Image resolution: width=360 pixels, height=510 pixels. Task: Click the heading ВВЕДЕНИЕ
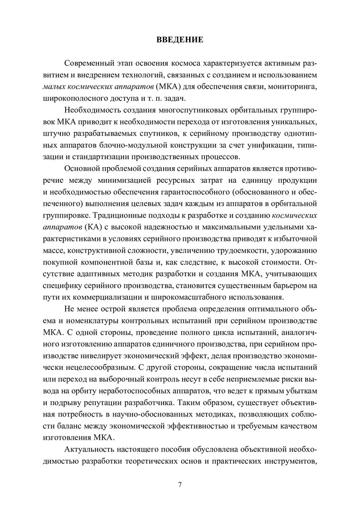[180, 40]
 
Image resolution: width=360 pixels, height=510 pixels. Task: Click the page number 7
[180, 484]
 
